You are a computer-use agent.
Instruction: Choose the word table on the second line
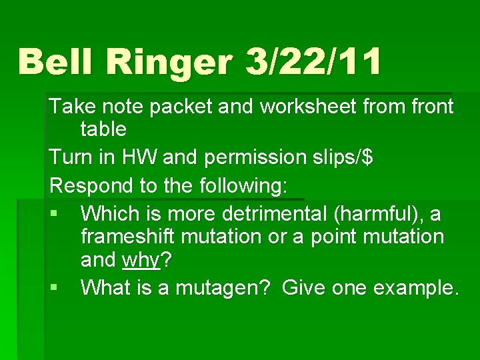pyautogui.click(x=103, y=129)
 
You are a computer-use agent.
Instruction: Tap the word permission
pyautogui.click(x=251, y=158)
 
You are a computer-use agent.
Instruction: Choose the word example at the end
pyautogui.click(x=415, y=289)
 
